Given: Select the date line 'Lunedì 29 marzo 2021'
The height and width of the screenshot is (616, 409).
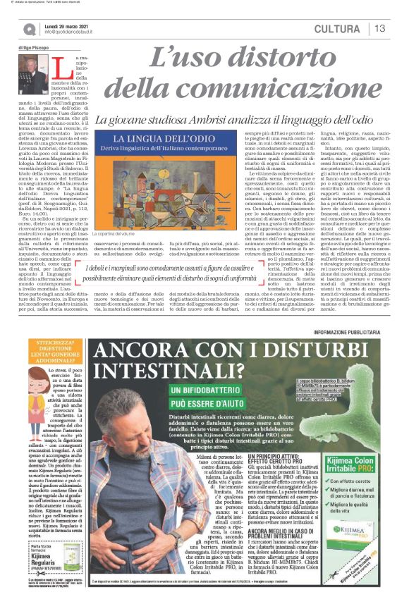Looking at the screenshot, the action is pyautogui.click(x=71, y=24).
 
